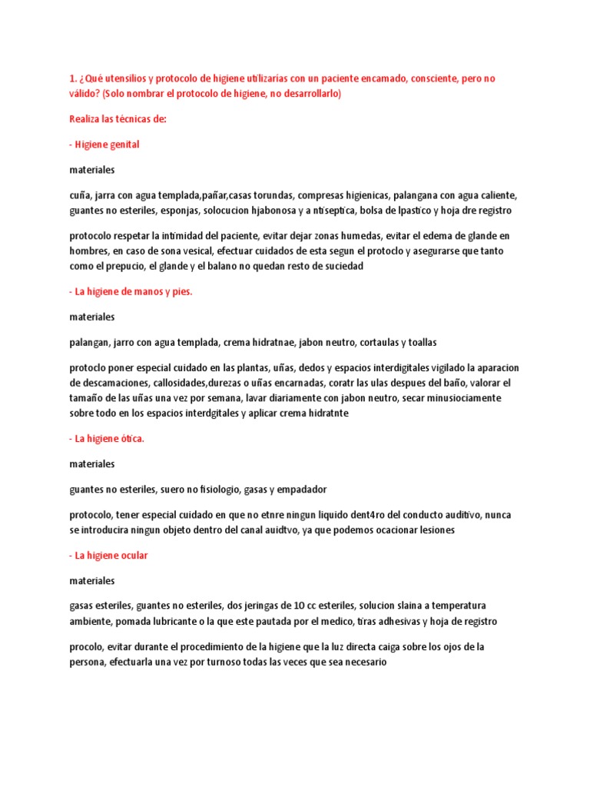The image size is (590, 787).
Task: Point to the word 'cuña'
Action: pyautogui.click(x=79, y=194)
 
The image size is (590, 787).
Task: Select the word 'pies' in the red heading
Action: pyautogui.click(x=181, y=291)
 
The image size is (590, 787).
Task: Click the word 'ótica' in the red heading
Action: pyautogui.click(x=128, y=439)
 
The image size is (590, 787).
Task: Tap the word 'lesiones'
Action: pyautogui.click(x=434, y=530)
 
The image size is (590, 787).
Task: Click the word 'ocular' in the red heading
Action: pyautogui.click(x=129, y=555)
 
